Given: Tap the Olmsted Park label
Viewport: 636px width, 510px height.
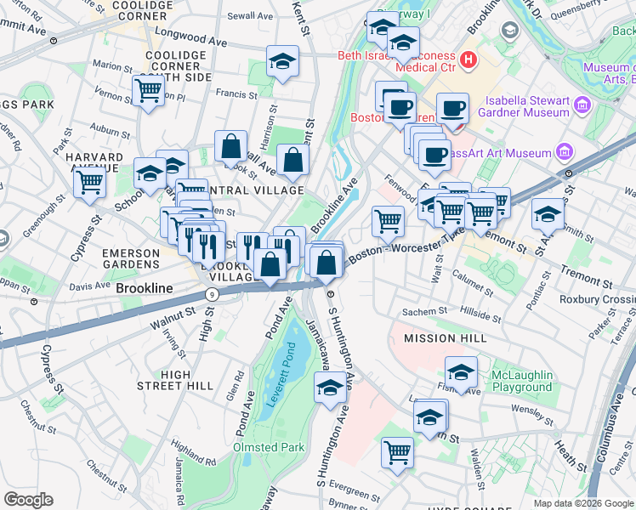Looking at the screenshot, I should pyautogui.click(x=268, y=446).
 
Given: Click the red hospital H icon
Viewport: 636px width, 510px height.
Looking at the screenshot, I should pyautogui.click(x=468, y=60).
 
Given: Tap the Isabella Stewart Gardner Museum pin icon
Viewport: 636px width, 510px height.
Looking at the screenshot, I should pyautogui.click(x=582, y=105).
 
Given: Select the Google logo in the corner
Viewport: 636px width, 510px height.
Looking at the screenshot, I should pyautogui.click(x=28, y=500).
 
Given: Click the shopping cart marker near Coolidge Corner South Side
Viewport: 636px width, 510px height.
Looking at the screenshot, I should pyautogui.click(x=148, y=89).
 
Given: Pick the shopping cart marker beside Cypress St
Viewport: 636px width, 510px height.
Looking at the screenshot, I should pyautogui.click(x=89, y=181).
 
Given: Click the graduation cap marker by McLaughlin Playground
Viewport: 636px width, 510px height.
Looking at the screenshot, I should pyautogui.click(x=462, y=373).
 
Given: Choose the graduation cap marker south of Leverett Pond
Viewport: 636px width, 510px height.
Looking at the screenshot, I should pyautogui.click(x=330, y=389).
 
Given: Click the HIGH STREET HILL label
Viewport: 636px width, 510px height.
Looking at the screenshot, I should pyautogui.click(x=175, y=380).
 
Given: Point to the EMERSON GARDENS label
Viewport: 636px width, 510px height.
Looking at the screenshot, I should pyautogui.click(x=130, y=259).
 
